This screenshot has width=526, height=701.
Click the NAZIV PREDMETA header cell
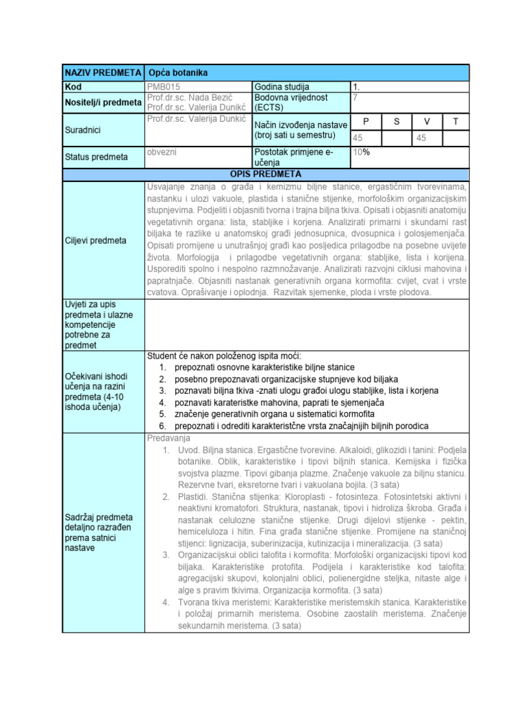[x=103, y=73]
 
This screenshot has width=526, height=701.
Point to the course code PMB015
[x=164, y=87]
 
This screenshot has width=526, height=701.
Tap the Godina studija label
[x=281, y=87]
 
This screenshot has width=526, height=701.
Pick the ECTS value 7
[x=355, y=97]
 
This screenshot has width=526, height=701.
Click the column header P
[x=366, y=121]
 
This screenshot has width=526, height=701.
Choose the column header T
[x=455, y=121]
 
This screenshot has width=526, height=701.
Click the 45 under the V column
[x=420, y=138]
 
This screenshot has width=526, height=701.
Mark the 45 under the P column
[x=358, y=138]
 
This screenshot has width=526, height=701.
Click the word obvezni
[x=162, y=151]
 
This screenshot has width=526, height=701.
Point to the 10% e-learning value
[x=361, y=152]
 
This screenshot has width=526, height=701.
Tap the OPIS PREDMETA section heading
[x=265, y=175]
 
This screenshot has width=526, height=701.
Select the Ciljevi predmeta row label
[x=95, y=240]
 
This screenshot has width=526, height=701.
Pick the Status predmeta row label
[x=96, y=157]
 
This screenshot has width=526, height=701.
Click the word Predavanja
[x=168, y=437]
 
